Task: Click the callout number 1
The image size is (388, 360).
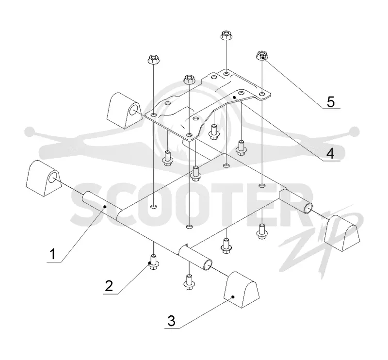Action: (53, 255)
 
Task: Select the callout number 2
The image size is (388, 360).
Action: (109, 286)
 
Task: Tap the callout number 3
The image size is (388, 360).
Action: (171, 321)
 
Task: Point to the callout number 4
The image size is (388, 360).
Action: (331, 154)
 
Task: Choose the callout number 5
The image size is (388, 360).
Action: (331, 102)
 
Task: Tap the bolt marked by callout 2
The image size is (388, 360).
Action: (153, 262)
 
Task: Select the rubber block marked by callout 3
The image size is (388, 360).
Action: (242, 290)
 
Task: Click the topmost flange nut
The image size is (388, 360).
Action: (226, 35)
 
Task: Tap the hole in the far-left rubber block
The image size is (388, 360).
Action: (53, 178)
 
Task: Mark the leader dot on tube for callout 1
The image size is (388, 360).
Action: (105, 207)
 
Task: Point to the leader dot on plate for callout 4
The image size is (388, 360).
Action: (234, 98)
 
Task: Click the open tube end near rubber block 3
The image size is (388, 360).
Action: (208, 265)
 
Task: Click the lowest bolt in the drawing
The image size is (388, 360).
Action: (189, 282)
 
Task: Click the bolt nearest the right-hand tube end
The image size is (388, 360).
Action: (262, 231)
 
